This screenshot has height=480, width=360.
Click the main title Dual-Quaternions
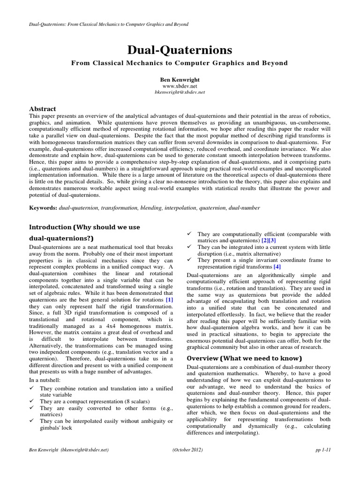(180, 51)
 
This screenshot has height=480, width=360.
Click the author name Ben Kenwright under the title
(180, 80)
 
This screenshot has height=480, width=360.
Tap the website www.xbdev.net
(180, 87)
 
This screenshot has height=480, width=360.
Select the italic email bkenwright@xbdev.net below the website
(180, 93)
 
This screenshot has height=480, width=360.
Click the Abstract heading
(43, 109)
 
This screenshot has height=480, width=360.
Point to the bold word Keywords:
(43, 207)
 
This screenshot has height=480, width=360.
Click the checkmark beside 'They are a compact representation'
(32, 402)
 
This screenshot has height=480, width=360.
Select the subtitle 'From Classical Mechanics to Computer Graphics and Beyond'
(180, 63)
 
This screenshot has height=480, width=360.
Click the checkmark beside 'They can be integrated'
(189, 247)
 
